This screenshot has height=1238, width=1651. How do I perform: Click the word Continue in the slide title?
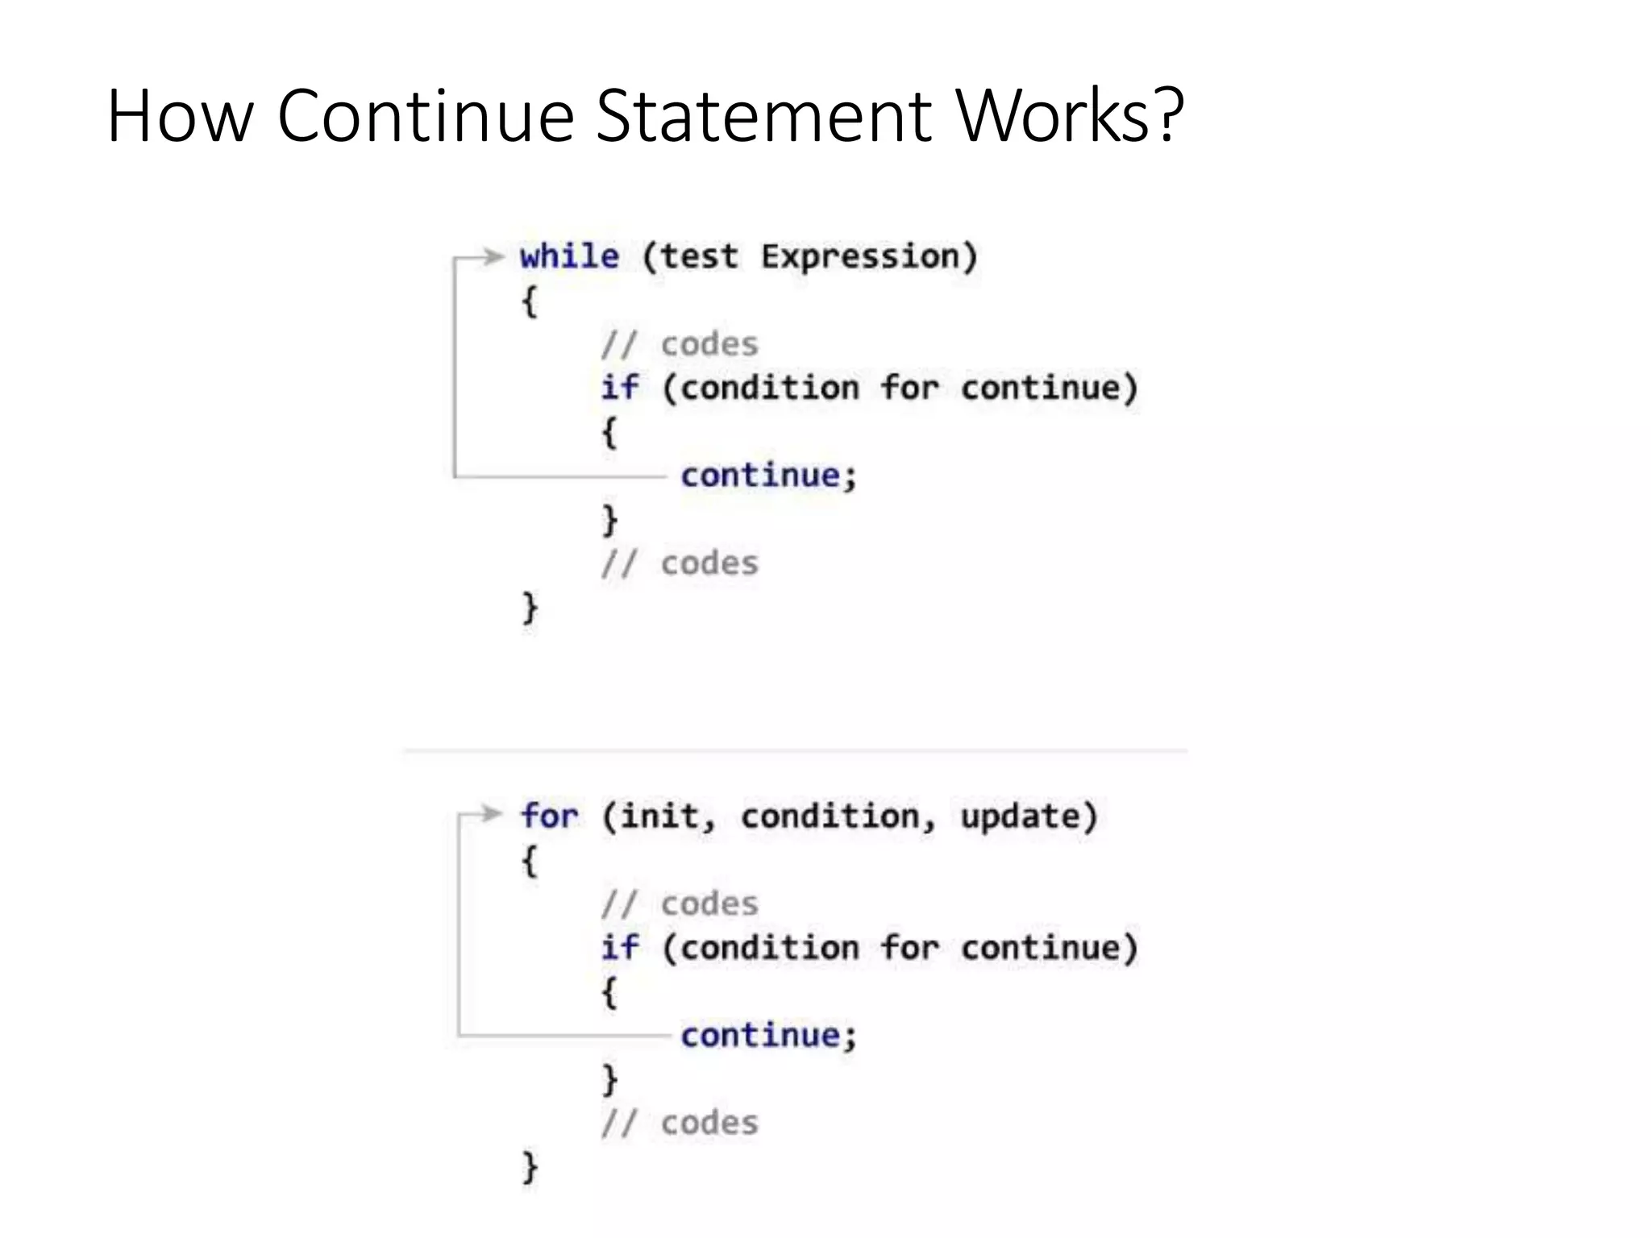coord(425,116)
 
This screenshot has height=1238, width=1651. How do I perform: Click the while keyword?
coord(570,257)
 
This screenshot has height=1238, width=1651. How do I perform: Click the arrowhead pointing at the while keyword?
coord(493,257)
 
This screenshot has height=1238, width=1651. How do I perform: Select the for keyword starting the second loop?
coord(549,816)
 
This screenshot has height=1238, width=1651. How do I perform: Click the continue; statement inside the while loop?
coord(768,476)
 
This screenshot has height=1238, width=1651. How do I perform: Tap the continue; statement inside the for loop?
coord(768,1036)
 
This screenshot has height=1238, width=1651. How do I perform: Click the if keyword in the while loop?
coord(620,388)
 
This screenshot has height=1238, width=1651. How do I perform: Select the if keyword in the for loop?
coord(620,948)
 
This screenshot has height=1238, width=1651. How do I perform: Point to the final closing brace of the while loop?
coord(530,608)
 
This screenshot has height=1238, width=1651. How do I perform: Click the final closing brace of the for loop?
coord(530,1167)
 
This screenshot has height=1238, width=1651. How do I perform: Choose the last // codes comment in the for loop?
coord(680,1124)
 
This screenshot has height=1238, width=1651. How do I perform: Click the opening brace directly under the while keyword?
coord(530,302)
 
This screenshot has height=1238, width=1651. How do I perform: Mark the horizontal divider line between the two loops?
coord(795,750)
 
